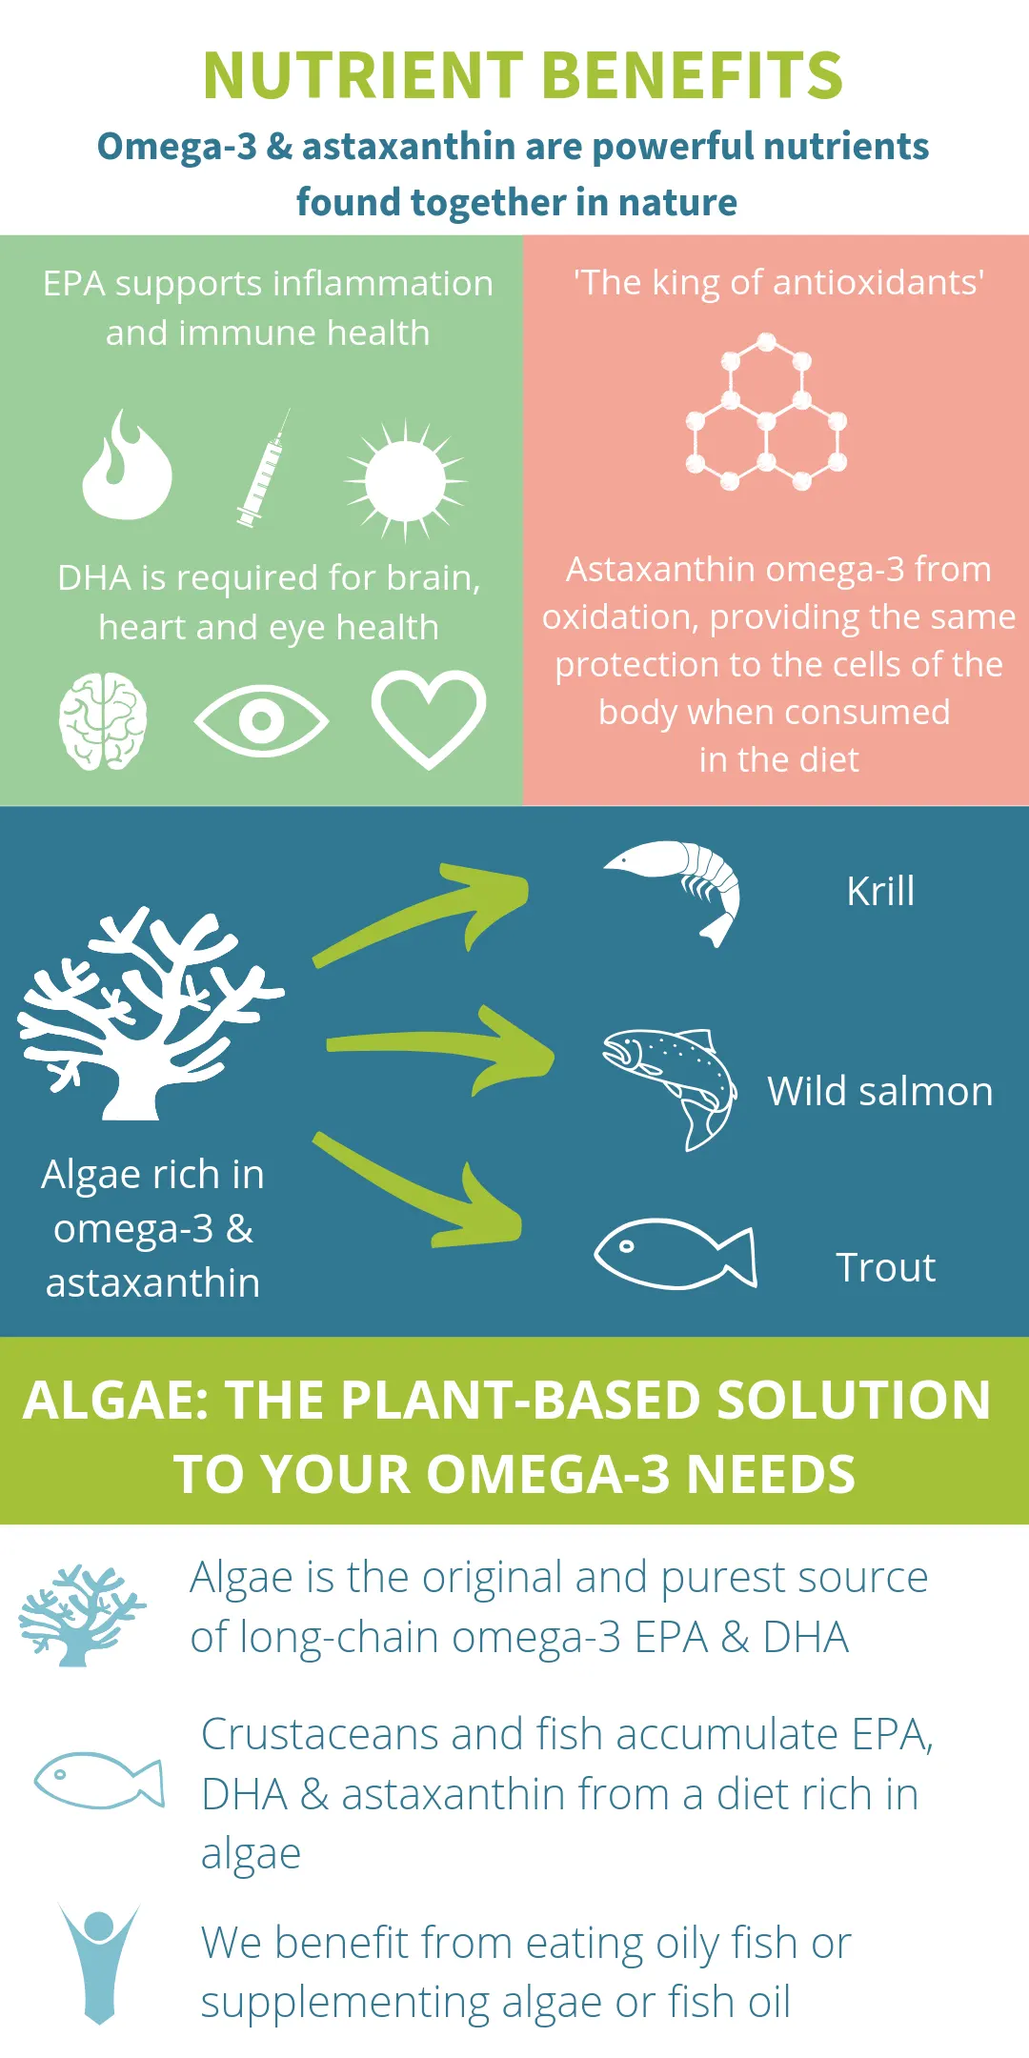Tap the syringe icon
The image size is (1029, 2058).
(263, 470)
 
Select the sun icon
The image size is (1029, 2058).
(405, 480)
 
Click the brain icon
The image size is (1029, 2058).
(103, 721)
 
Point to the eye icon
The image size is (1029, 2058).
(261, 720)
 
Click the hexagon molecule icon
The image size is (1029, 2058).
(766, 412)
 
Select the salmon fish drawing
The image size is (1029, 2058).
(671, 1088)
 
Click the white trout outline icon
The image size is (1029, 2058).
(676, 1254)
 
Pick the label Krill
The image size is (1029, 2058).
(880, 892)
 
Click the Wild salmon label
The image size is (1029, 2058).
(880, 1092)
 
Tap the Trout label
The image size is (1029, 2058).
(886, 1268)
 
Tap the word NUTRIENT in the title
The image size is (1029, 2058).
(363, 76)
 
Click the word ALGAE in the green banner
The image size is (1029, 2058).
(115, 1401)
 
